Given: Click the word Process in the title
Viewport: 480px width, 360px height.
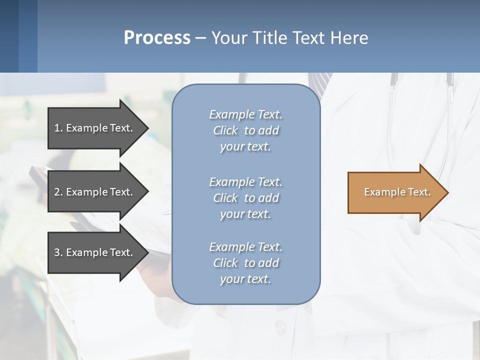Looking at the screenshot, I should (157, 38).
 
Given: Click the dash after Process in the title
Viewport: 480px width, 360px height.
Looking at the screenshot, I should (201, 38).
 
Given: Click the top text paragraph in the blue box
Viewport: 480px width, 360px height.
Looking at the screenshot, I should (245, 130).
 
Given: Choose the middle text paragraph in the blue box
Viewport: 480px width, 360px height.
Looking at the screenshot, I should (245, 198).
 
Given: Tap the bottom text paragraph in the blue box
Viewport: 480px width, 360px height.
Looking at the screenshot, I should (245, 263).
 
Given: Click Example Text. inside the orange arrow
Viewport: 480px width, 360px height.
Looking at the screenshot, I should (397, 192).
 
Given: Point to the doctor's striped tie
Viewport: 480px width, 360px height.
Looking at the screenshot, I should (320, 80).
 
